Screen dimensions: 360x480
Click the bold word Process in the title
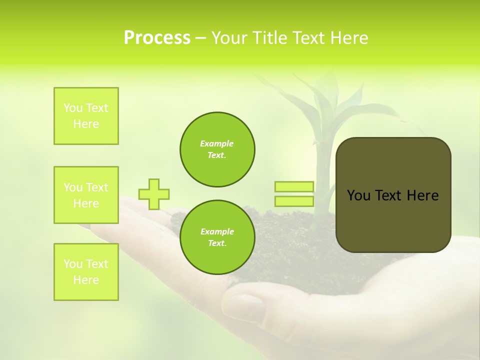pos(157,38)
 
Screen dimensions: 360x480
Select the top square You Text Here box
pos(86,116)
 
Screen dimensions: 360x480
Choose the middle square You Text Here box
pos(86,195)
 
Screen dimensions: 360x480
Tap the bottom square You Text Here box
pos(86,272)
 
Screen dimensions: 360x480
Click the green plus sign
pos(154,194)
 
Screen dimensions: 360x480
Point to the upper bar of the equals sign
pos(294,186)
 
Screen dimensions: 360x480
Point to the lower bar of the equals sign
pos(294,201)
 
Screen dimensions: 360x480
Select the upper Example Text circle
pos(217,149)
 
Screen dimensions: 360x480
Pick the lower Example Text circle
pos(217,237)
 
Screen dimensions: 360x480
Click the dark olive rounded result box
pos(393,195)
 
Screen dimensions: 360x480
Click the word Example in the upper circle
pos(217,143)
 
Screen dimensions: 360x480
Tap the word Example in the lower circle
pos(217,231)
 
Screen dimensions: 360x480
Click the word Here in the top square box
pos(86,124)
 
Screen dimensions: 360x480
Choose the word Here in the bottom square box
pos(86,280)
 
